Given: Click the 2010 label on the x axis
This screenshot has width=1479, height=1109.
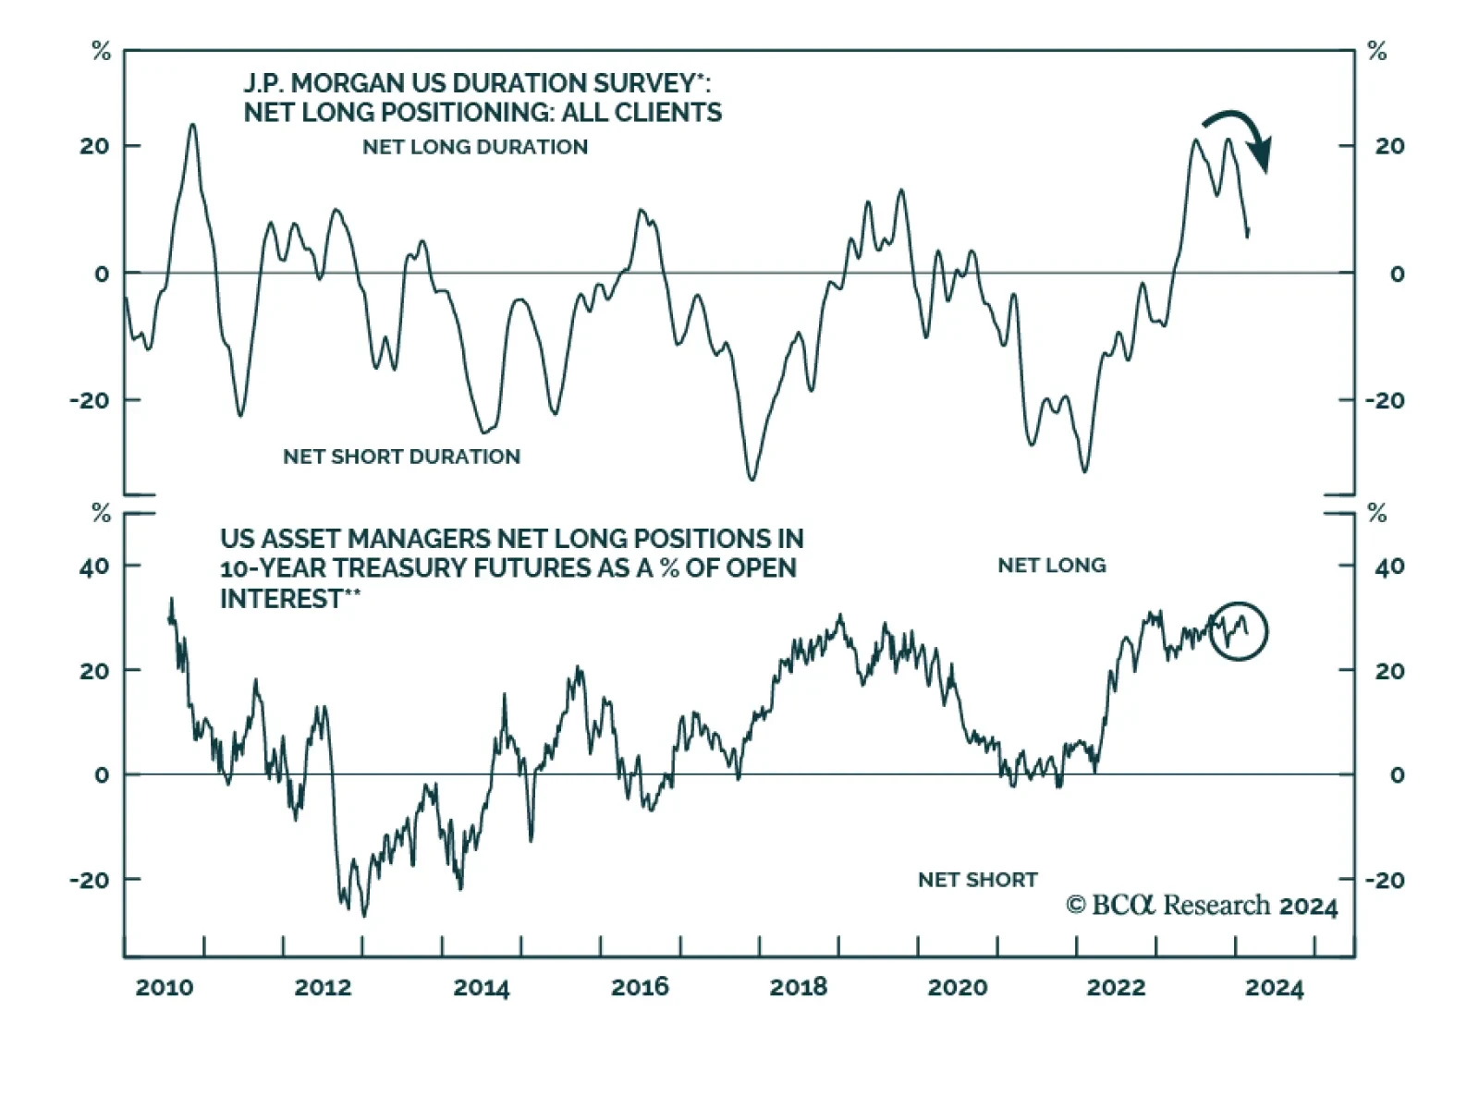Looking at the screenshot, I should [x=165, y=987].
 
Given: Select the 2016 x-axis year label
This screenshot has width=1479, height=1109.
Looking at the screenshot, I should [x=640, y=987].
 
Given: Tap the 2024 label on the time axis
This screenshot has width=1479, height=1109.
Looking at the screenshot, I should [x=1274, y=987].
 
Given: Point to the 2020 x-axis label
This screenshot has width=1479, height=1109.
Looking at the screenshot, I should [x=957, y=987].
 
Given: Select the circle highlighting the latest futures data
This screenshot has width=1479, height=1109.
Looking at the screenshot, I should [x=1239, y=631].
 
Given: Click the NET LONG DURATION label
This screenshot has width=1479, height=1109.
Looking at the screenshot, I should [x=475, y=147].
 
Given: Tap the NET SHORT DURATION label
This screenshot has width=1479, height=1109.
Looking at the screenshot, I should [x=401, y=457].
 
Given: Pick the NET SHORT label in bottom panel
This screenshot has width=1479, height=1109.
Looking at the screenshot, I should [x=977, y=880].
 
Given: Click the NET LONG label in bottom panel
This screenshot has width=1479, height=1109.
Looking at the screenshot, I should [x=1051, y=566].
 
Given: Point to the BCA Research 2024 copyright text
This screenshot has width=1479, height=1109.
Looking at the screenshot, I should [x=1202, y=906].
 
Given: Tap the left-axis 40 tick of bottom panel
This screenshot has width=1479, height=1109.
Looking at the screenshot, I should [x=94, y=566].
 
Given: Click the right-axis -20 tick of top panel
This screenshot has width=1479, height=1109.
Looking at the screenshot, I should [x=1384, y=401].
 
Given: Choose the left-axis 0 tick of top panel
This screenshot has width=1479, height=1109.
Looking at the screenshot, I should [x=102, y=274].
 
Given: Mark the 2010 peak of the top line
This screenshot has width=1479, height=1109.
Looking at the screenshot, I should [x=192, y=125].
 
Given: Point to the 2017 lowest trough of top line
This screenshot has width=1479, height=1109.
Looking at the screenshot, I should [x=752, y=479].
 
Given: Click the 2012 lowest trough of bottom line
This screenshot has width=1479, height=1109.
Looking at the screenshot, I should [x=363, y=915].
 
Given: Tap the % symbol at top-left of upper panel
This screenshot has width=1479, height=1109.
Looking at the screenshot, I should [x=102, y=52].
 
